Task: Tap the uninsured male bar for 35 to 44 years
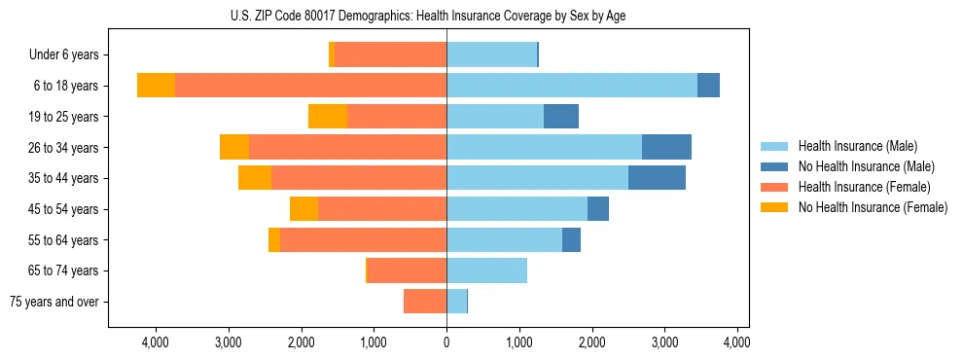click(657, 178)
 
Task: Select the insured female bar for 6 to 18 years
click(310, 86)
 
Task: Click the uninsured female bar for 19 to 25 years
click(328, 117)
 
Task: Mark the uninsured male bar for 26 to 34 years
click(666, 147)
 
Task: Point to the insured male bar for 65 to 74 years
click(486, 270)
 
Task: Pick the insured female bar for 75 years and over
click(425, 302)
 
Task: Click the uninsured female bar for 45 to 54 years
click(303, 209)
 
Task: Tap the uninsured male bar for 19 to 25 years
click(561, 117)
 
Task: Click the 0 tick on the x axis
click(446, 342)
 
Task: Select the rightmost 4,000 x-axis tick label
click(736, 342)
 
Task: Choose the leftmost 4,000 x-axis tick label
click(156, 342)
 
